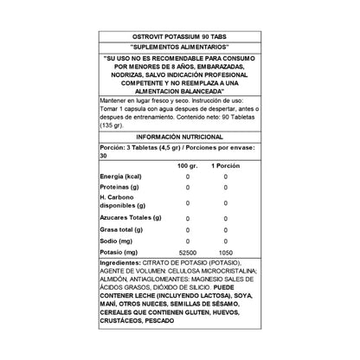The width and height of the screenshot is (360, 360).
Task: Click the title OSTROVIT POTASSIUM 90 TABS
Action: (179, 35)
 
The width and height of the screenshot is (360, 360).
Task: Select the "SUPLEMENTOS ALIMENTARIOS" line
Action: (179, 46)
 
